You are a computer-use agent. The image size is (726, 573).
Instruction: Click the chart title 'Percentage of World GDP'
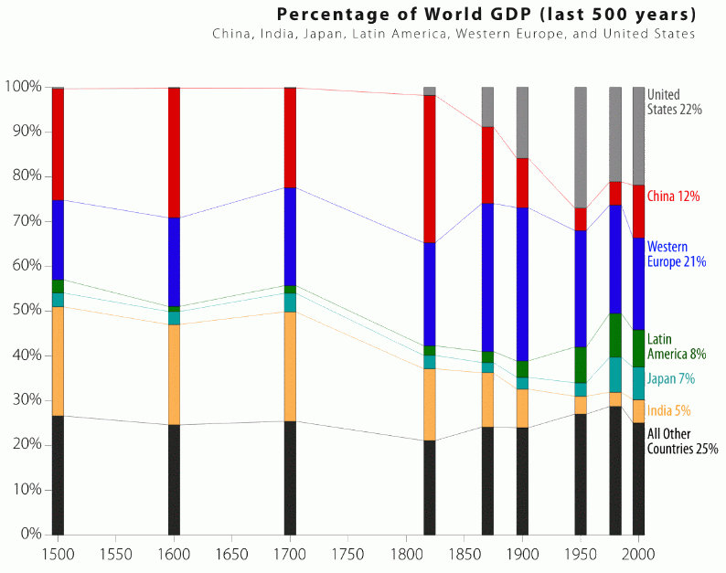(486, 15)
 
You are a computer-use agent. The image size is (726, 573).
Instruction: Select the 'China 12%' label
(673, 196)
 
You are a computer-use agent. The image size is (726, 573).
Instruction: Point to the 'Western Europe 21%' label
(676, 254)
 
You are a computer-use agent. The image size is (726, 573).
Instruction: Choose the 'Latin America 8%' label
(677, 346)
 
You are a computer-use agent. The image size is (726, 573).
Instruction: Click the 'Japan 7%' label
(671, 378)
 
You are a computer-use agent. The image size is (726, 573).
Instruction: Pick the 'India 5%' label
(668, 410)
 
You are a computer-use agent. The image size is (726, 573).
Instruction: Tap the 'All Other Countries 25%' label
(682, 441)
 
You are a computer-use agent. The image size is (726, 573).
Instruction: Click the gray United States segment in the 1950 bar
(580, 147)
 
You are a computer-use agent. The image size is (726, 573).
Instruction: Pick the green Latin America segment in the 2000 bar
(638, 348)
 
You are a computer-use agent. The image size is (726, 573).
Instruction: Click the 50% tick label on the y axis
(24, 311)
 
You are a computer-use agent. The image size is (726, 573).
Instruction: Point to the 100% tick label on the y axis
(22, 87)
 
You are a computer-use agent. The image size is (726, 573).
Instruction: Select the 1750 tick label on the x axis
(348, 554)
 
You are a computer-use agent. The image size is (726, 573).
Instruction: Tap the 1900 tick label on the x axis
(522, 554)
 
